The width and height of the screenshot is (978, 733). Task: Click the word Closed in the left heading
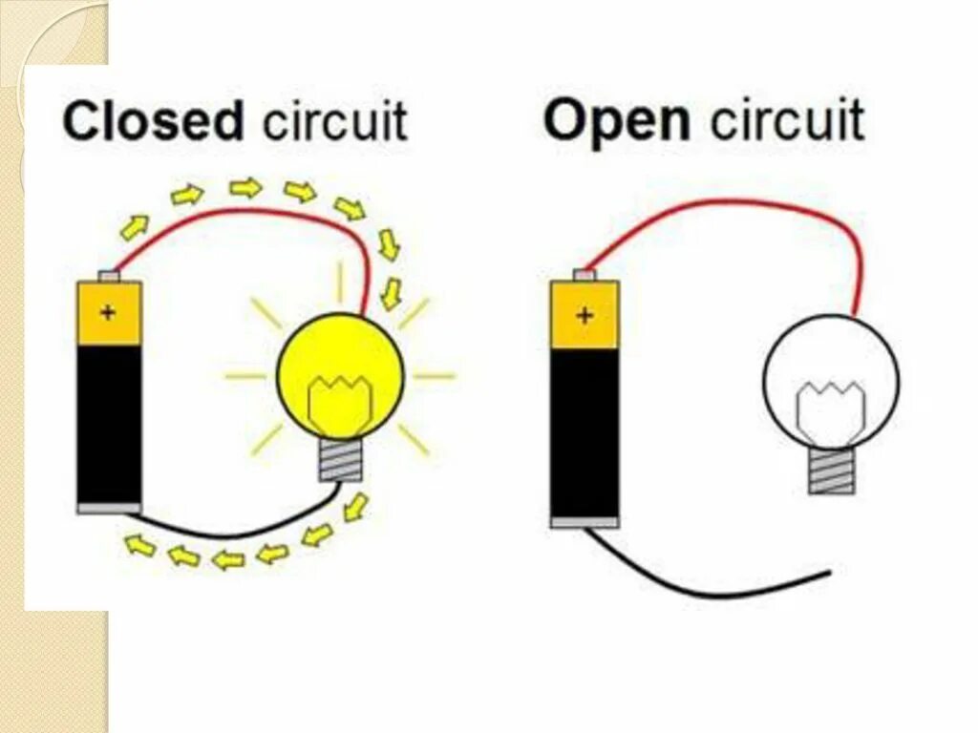(x=152, y=123)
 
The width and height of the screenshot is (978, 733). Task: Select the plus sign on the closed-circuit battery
(x=108, y=312)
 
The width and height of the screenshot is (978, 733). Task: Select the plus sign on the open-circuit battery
(x=584, y=314)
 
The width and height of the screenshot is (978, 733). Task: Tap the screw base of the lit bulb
(x=341, y=460)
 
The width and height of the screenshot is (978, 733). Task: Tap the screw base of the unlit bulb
(x=831, y=471)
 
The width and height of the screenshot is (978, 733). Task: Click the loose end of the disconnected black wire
(x=827, y=574)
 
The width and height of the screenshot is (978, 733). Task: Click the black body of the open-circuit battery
(x=585, y=429)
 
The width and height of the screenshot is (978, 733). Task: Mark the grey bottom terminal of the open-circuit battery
(x=585, y=521)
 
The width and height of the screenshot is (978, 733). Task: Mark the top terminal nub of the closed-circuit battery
(x=110, y=276)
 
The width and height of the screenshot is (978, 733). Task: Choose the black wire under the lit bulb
(x=239, y=531)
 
